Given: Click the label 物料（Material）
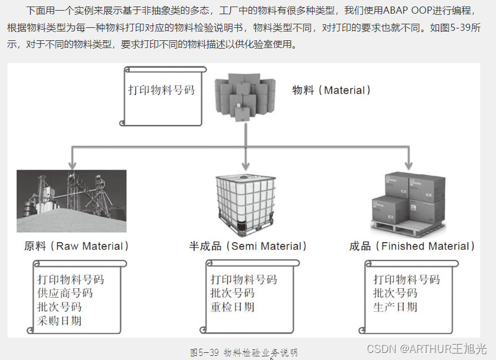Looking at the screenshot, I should click(x=332, y=90).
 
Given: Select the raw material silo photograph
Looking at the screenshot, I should click(x=71, y=200).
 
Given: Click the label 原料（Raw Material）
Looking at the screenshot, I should click(x=77, y=246).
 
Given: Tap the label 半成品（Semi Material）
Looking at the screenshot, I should click(x=248, y=246).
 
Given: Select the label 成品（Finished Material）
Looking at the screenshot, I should click(x=412, y=246).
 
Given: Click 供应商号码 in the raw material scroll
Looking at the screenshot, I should click(x=65, y=293).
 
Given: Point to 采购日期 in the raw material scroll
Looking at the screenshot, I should click(x=59, y=321).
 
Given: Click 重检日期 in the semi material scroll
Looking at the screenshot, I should click(x=233, y=307).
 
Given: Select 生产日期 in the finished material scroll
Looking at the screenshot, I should click(x=395, y=307).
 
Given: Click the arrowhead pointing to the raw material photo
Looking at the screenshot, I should click(x=72, y=164).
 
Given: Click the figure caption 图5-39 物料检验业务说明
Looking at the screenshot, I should click(x=244, y=352).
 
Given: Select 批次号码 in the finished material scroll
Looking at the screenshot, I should click(x=395, y=293).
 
